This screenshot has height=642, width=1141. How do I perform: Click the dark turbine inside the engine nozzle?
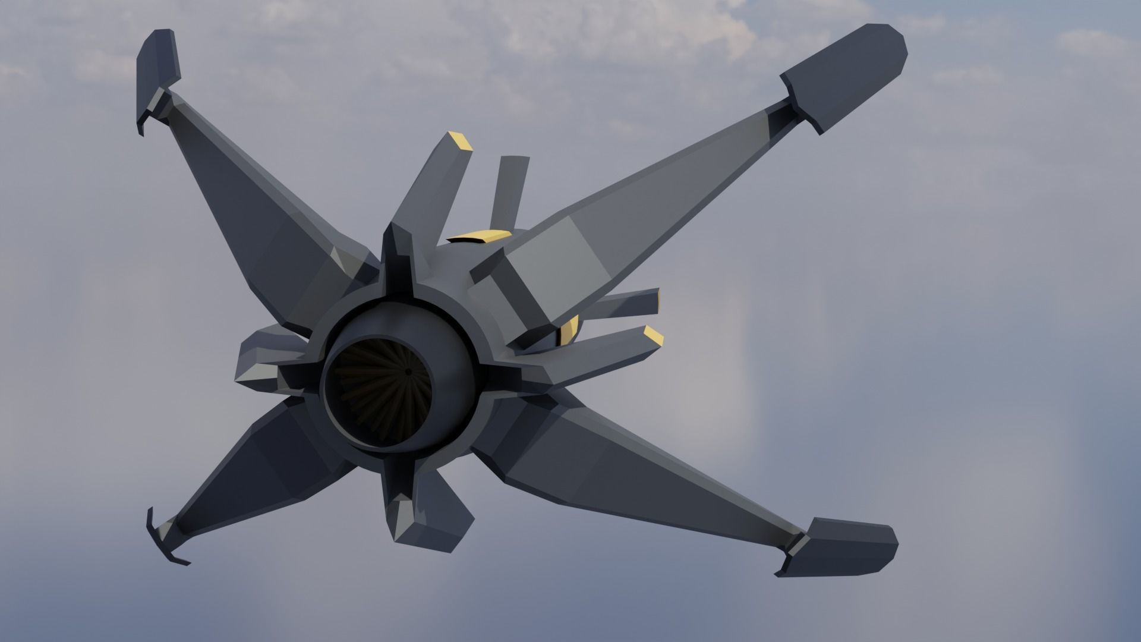point(380,392)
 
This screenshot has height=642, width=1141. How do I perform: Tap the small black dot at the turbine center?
point(408,372)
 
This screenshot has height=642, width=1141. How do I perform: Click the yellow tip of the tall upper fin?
point(460,141)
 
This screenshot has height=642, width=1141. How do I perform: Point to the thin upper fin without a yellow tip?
point(511,190)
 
